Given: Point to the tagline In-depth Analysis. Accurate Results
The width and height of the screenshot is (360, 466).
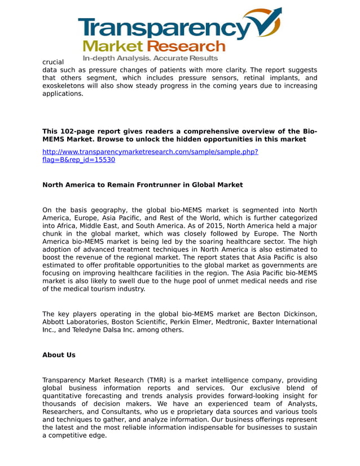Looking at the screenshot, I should point(150,58).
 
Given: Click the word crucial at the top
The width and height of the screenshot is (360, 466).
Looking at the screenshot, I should point(53,61).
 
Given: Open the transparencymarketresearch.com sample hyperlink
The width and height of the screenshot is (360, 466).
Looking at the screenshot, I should point(150,152).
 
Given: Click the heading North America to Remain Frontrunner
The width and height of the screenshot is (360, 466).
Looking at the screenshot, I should point(142,184).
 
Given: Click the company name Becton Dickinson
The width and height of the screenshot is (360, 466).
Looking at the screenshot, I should point(287,314).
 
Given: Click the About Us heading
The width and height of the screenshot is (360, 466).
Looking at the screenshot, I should point(59,355).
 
